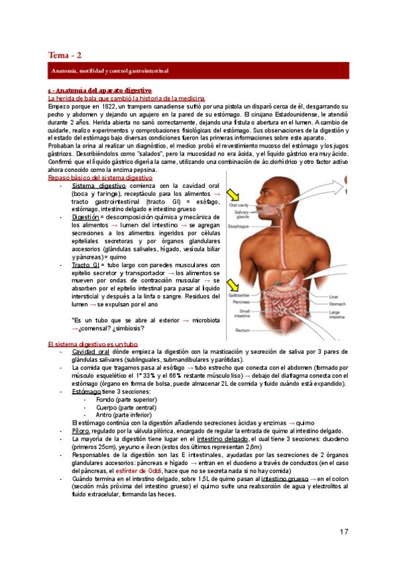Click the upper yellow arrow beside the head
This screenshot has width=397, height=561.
233,194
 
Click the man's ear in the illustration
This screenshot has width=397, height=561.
288,199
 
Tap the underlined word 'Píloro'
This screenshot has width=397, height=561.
82,431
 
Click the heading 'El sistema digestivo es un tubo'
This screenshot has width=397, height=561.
93,345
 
